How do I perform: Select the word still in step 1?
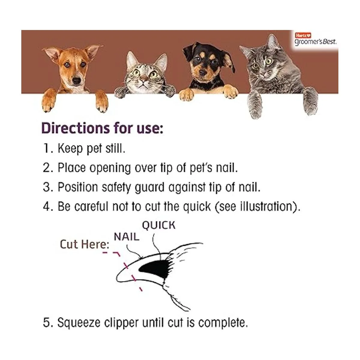pyautogui.click(x=115, y=148)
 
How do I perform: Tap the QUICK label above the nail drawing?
pyautogui.click(x=158, y=225)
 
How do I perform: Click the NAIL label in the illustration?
pyautogui.click(x=126, y=237)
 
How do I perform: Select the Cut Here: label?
pyautogui.click(x=84, y=244)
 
